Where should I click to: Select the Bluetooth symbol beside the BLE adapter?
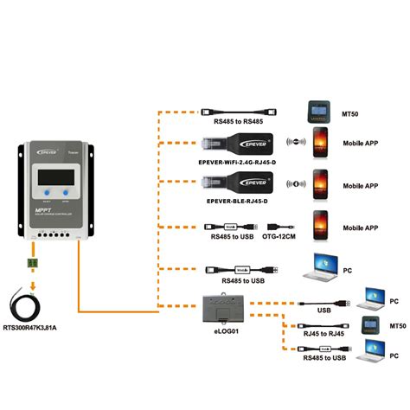[x=294, y=185]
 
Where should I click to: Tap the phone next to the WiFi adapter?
[x=321, y=144]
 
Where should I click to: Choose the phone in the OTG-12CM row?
[x=321, y=227]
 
